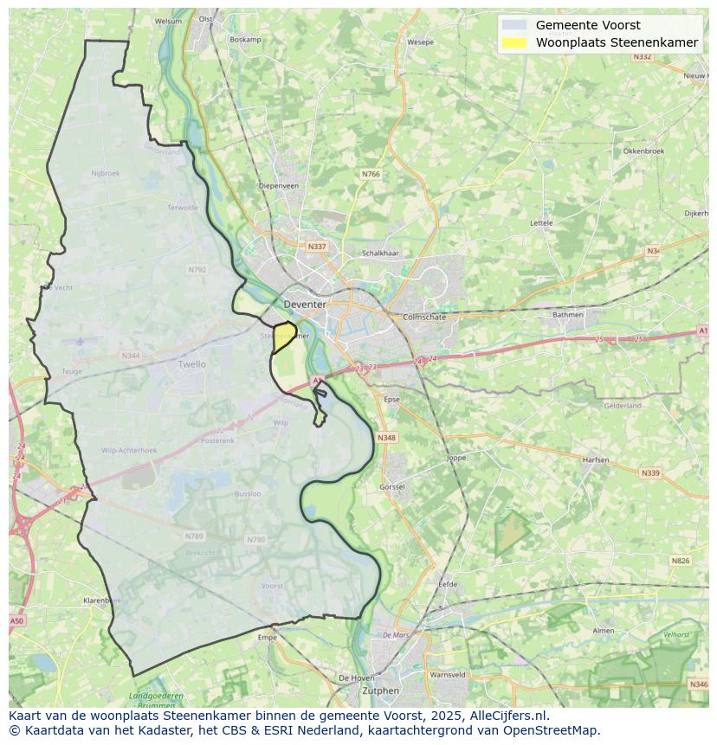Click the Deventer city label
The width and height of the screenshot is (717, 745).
pos(305,305)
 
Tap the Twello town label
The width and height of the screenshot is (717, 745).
pos(191,364)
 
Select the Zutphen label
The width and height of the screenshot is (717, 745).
pos(381,690)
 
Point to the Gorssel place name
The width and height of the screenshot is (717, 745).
pos(391,487)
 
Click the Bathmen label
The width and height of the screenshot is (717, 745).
pos(568,314)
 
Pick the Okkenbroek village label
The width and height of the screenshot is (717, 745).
pos(643,151)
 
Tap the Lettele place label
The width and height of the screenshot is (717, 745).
pos(541,222)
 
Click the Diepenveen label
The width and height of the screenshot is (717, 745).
pos(279,185)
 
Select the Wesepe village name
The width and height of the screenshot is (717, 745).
pos(420,42)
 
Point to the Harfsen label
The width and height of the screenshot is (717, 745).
pos(596,459)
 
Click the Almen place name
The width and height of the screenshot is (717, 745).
pos(603,631)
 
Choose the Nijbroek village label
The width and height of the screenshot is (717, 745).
pos(105,173)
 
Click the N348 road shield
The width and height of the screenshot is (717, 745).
pos(386,438)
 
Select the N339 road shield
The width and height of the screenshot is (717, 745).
pos(649,473)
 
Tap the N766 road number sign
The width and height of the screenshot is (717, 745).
pos(371,174)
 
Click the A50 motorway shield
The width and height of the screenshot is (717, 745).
pos(16,621)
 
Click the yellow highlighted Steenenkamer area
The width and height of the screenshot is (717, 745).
pos(282,337)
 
